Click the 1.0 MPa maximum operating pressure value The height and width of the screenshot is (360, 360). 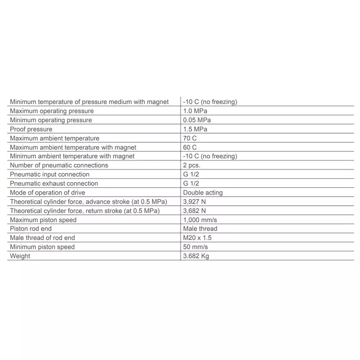click(195, 111)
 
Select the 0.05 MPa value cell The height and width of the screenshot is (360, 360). click(197, 120)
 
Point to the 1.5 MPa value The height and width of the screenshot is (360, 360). click(195, 129)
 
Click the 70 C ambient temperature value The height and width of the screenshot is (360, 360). click(190, 138)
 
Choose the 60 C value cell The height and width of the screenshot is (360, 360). click(190, 147)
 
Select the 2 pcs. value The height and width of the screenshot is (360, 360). click(193, 165)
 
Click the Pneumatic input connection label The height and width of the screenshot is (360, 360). click(49, 174)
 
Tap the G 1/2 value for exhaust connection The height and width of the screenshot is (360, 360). click(191, 183)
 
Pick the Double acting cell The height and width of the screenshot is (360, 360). click(202, 193)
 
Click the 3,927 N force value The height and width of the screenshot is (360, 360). click(194, 202)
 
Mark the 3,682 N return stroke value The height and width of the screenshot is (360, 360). click(194, 211)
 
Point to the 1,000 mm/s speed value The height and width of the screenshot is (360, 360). click(200, 220)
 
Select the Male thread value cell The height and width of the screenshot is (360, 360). click(200, 229)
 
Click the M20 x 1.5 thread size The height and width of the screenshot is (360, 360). click(197, 238)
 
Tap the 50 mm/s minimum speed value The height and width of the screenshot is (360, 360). click(195, 247)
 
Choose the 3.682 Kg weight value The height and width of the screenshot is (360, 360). click(196, 256)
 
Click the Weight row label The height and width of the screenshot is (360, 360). click(20, 256)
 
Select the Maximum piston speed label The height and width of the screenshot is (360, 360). click(43, 220)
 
